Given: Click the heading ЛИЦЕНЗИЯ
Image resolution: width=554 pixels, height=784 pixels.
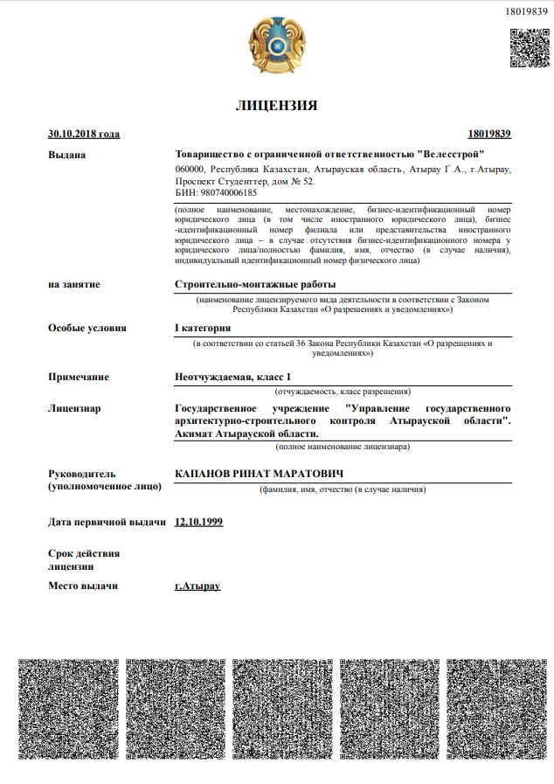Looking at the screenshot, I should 276,106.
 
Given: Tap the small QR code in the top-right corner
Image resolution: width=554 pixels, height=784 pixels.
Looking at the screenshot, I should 528,47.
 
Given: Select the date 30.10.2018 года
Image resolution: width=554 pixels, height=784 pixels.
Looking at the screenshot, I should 84,134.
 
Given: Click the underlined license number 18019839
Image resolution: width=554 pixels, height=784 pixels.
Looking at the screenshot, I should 489,134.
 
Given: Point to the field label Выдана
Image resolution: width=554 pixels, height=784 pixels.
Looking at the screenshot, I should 67,155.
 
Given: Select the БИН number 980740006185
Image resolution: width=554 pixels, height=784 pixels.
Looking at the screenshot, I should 216,192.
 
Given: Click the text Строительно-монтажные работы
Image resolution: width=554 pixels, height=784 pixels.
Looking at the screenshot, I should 255,284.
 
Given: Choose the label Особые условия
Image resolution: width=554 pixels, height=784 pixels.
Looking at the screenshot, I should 87,328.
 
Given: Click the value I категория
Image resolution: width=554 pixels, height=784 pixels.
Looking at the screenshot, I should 203,328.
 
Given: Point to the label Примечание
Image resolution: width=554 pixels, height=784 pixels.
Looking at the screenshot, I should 79,377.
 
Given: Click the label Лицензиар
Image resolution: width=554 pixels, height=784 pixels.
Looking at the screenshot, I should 74,408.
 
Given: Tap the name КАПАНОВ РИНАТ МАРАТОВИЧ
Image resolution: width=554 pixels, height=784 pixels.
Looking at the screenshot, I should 258,473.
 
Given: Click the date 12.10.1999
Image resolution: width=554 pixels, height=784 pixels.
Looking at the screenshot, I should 199,522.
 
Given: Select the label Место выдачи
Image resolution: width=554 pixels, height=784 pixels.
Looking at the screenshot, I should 83,586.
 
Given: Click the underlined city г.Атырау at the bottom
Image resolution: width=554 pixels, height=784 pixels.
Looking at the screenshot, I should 197,586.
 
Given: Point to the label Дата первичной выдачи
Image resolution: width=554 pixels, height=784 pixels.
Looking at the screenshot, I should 107,522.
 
